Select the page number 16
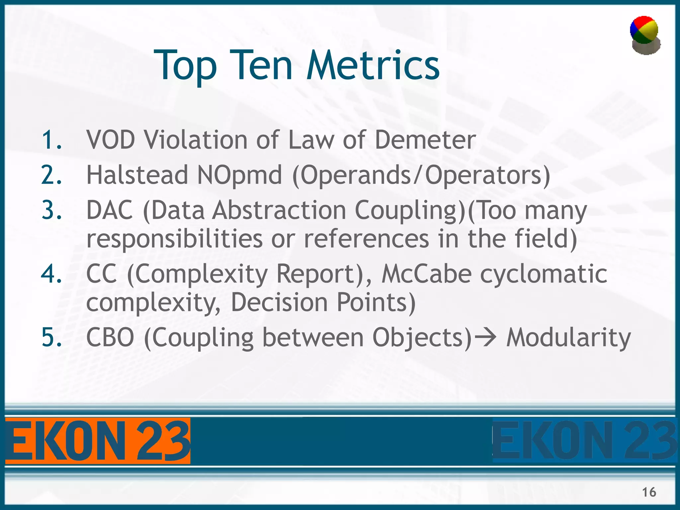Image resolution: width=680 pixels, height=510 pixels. click(x=649, y=492)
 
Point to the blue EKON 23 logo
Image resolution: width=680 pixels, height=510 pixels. click(x=584, y=441)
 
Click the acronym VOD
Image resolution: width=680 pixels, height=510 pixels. click(x=111, y=140)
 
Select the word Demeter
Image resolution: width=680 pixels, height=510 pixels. click(x=425, y=140)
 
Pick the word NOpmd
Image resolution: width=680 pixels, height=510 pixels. click(x=239, y=175)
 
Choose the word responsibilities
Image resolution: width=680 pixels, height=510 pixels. click(x=175, y=239)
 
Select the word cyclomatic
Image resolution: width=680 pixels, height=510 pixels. click(x=544, y=274)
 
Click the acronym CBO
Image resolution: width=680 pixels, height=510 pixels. click(x=110, y=338)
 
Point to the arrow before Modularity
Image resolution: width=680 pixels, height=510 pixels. click(x=485, y=338)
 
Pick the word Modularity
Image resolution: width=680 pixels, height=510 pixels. click(x=568, y=338)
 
